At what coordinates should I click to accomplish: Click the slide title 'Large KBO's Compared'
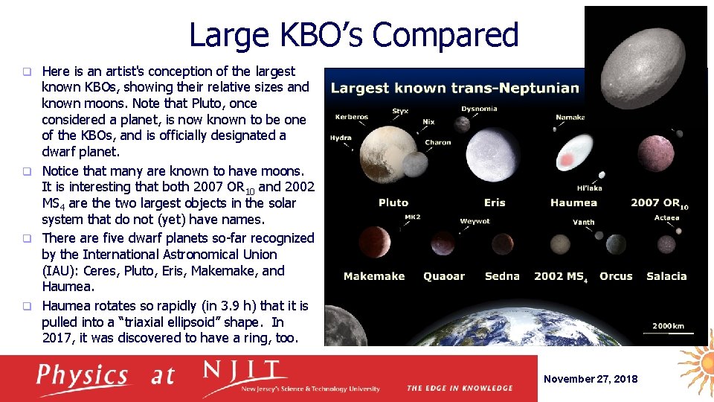pyautogui.click(x=353, y=35)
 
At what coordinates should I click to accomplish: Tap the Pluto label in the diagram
pyautogui.click(x=393, y=202)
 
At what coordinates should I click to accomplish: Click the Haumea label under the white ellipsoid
pyautogui.click(x=573, y=202)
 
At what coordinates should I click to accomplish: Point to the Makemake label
pyautogui.click(x=374, y=276)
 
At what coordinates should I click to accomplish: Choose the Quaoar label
pyautogui.click(x=444, y=276)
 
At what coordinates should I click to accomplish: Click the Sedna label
pyautogui.click(x=502, y=276)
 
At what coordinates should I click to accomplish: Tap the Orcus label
pyautogui.click(x=616, y=276)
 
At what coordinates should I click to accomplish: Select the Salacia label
pyautogui.click(x=666, y=276)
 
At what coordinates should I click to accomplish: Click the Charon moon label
pyautogui.click(x=438, y=142)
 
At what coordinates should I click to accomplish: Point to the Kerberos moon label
pyautogui.click(x=352, y=117)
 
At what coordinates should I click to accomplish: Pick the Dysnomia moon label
pyautogui.click(x=479, y=109)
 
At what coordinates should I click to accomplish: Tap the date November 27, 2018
pyautogui.click(x=591, y=379)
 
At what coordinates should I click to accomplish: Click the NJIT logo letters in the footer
pyautogui.click(x=245, y=371)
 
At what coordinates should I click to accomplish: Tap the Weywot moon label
pyautogui.click(x=475, y=221)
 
